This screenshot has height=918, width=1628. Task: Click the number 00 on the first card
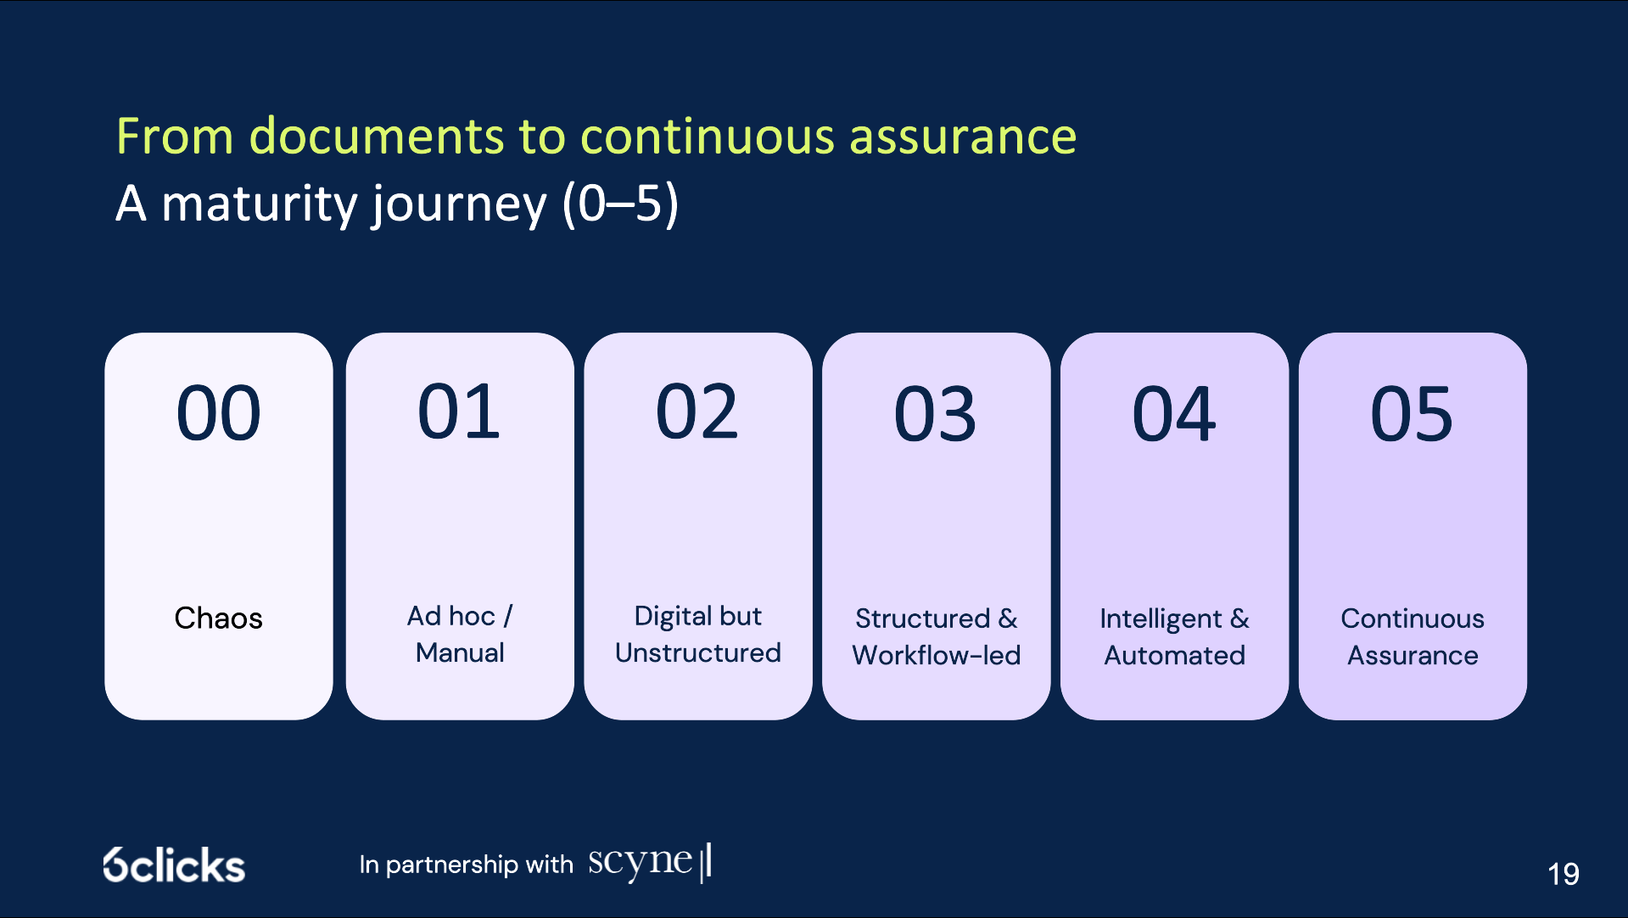click(x=218, y=413)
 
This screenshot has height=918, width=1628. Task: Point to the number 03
click(x=936, y=414)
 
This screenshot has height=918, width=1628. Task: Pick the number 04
click(x=1174, y=414)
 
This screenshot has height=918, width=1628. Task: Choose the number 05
click(x=1413, y=414)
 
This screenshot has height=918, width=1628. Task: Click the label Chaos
click(x=218, y=618)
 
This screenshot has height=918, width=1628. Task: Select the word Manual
click(x=460, y=652)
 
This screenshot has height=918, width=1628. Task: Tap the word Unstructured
click(x=698, y=652)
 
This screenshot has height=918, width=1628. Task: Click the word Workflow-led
click(x=937, y=655)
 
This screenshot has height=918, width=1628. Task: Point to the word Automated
click(x=1175, y=655)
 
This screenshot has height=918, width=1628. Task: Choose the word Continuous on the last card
click(x=1413, y=619)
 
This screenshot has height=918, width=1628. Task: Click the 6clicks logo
click(x=174, y=865)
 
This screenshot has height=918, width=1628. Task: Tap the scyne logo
click(x=650, y=862)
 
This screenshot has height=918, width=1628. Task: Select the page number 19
click(x=1564, y=874)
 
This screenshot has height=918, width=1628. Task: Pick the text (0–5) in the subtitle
click(x=621, y=204)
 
